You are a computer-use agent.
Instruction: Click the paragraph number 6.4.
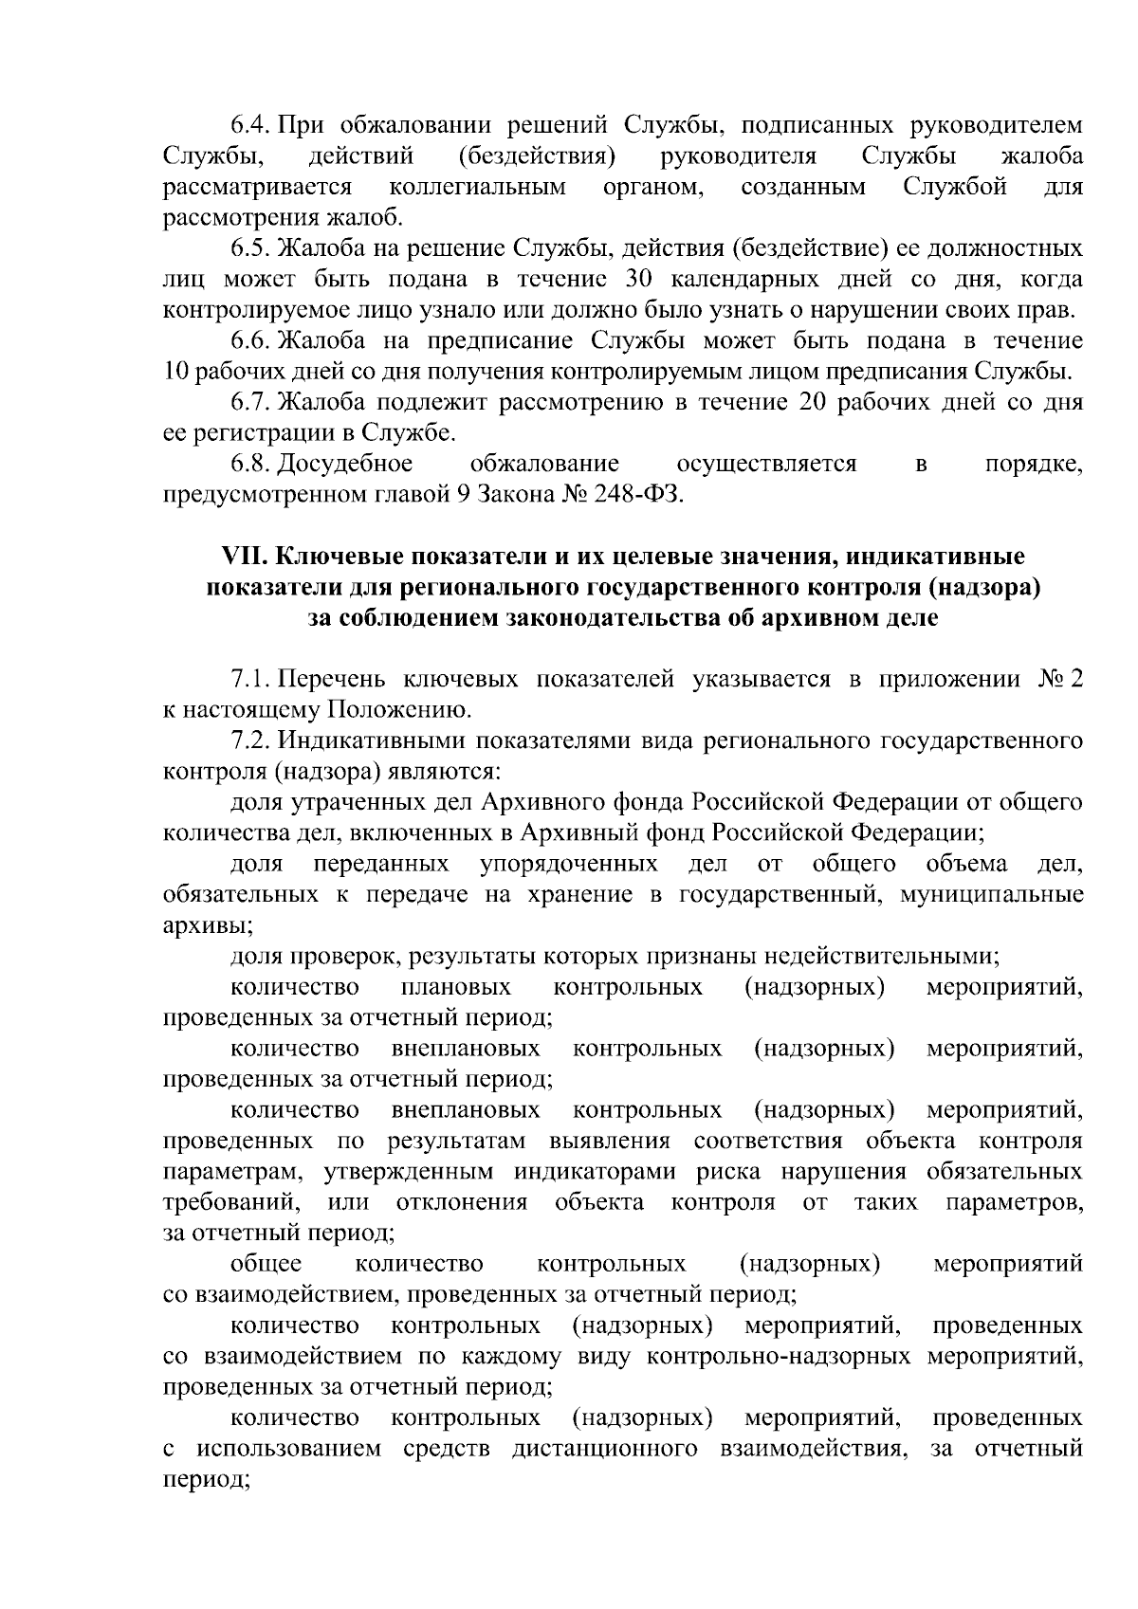tap(251, 126)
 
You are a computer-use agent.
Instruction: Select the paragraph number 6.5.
tap(251, 250)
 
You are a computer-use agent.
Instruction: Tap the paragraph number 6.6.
tap(251, 340)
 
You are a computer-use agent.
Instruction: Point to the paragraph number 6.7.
tap(251, 403)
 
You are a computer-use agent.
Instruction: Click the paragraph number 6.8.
tap(251, 465)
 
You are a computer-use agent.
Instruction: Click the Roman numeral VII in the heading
tap(241, 556)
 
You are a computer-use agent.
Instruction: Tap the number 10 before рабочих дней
tap(175, 372)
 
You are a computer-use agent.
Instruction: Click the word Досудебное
tap(347, 465)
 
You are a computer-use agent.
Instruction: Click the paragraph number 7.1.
tap(251, 680)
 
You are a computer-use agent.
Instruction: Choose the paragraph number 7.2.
tap(251, 741)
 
